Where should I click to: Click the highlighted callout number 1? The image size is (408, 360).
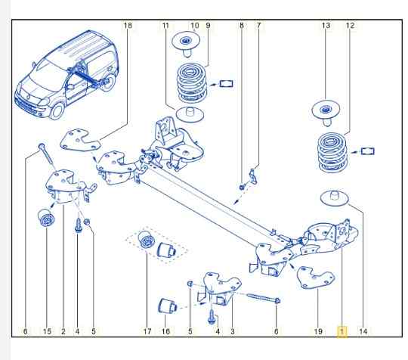pos(342,331)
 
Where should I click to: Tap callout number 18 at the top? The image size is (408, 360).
pos(128,26)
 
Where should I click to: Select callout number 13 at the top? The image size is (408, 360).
pos(326,26)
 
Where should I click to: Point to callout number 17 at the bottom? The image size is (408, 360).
pos(147,331)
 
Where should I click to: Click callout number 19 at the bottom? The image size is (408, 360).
pos(318,331)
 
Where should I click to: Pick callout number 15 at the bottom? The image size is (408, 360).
pos(47,331)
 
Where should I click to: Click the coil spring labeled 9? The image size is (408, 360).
pos(192,83)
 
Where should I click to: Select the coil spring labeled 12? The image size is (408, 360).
pos(332,153)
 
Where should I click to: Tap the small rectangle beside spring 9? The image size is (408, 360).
pos(226,84)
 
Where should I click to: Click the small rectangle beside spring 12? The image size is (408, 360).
pos(367,151)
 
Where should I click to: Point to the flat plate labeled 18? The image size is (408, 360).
pos(80,141)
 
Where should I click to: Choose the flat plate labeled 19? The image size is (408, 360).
pos(316,278)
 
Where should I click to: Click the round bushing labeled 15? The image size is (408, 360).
pos(46,218)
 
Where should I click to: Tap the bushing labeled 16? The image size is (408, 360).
pos(167,306)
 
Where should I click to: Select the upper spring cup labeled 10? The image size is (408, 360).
pos(187,43)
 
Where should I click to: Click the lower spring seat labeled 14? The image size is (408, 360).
pos(335,197)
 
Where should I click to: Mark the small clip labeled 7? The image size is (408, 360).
pos(253,176)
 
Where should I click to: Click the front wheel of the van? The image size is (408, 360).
pos(57,111)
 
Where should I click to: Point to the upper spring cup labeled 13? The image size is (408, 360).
pos(326,113)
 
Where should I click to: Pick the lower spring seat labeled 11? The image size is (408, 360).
pos(190,114)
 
